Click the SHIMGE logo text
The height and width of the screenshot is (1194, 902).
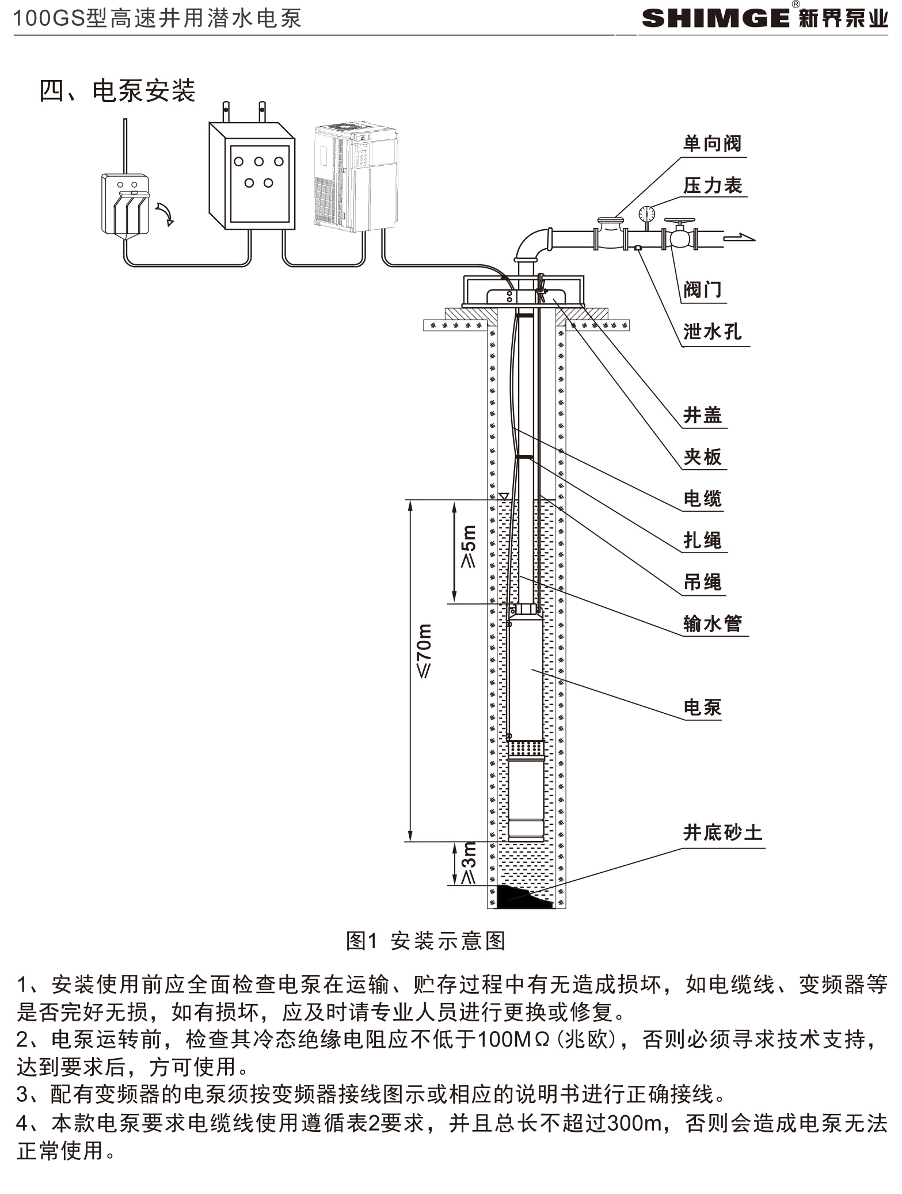715,18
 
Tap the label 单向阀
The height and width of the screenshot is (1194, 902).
712,143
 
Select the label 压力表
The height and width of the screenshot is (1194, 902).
712,185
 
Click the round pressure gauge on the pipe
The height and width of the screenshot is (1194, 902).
647,214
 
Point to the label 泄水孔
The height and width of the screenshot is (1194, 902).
712,332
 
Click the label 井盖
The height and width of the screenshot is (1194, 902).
702,415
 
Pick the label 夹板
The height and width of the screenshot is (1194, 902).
702,457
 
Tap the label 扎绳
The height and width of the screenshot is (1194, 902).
702,540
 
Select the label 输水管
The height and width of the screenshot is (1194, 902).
712,623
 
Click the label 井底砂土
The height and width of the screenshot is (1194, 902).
722,832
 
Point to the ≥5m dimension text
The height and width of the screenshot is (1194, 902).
469,547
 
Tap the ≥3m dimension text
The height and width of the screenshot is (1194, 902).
469,863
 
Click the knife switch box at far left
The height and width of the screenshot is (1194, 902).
125,204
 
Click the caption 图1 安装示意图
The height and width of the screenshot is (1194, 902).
425,941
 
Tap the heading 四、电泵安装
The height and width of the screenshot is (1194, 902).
117,91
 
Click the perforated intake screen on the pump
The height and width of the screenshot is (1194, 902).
525,749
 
